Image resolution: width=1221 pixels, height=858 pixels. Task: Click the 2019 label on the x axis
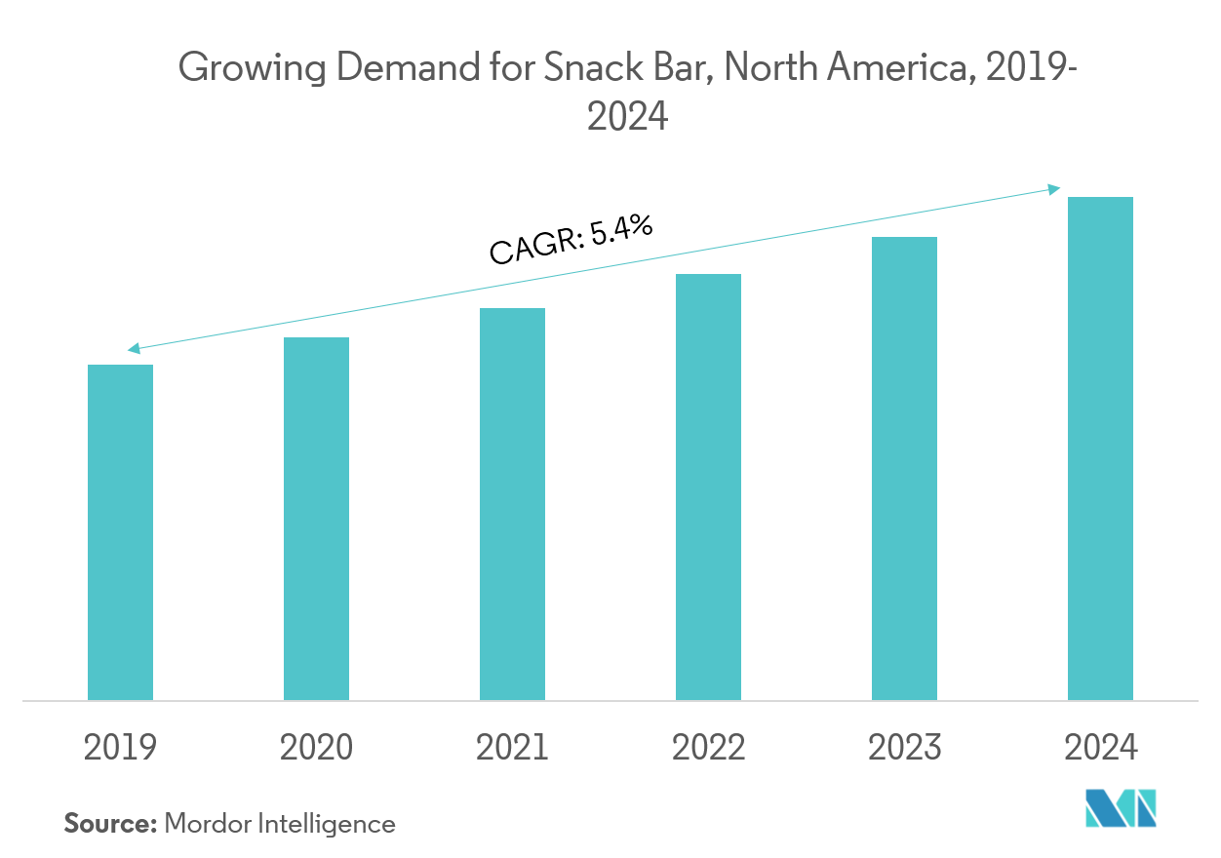[x=120, y=748]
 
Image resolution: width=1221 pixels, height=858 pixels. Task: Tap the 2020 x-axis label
[x=316, y=748]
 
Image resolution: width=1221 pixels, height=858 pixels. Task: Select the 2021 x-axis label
[x=512, y=748]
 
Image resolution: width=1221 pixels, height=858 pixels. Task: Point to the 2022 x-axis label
[x=708, y=748]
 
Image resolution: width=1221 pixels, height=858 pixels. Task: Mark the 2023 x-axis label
[x=904, y=748]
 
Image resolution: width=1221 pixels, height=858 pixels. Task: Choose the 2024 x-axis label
[x=1100, y=748]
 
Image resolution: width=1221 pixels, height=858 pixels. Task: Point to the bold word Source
[x=110, y=824]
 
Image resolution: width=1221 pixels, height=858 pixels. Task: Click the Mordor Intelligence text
[x=280, y=825]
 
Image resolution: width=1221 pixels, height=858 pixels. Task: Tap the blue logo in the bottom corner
[x=1121, y=809]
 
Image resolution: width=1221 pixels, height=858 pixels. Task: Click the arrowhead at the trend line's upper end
[x=1054, y=188]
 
